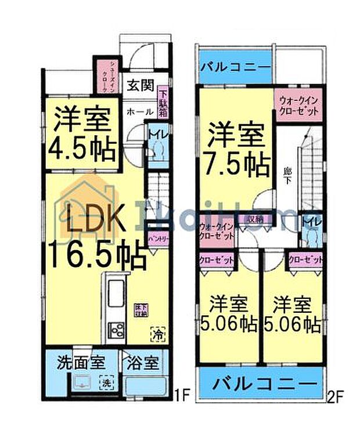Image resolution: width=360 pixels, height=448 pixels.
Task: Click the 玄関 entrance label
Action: coord(141,86)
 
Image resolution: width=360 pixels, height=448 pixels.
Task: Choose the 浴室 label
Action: coord(141,365)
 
